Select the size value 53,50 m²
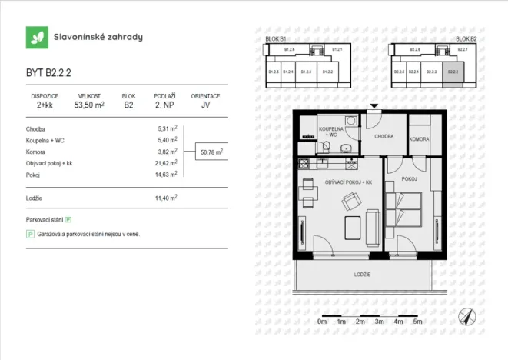(x=89, y=106)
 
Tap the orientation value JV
(x=205, y=106)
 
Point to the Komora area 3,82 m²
(x=167, y=152)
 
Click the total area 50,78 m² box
(x=211, y=152)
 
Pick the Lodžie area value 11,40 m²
(x=167, y=198)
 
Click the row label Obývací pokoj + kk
(x=49, y=164)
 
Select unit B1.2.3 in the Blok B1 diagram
(x=307, y=73)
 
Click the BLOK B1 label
(x=275, y=38)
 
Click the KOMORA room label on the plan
(x=419, y=139)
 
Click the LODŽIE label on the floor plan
(x=363, y=275)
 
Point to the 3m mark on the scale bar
(x=379, y=322)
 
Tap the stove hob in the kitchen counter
(x=304, y=163)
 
